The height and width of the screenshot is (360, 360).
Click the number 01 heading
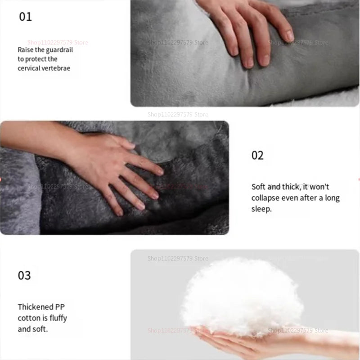click(x=25, y=17)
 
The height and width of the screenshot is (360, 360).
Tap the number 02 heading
click(x=257, y=156)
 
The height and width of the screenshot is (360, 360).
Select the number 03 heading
click(x=24, y=275)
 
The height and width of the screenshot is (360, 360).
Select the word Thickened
click(x=36, y=307)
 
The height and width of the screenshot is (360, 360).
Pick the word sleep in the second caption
click(x=261, y=209)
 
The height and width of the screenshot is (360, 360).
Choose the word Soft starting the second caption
click(x=259, y=187)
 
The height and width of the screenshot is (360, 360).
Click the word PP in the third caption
click(x=60, y=307)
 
